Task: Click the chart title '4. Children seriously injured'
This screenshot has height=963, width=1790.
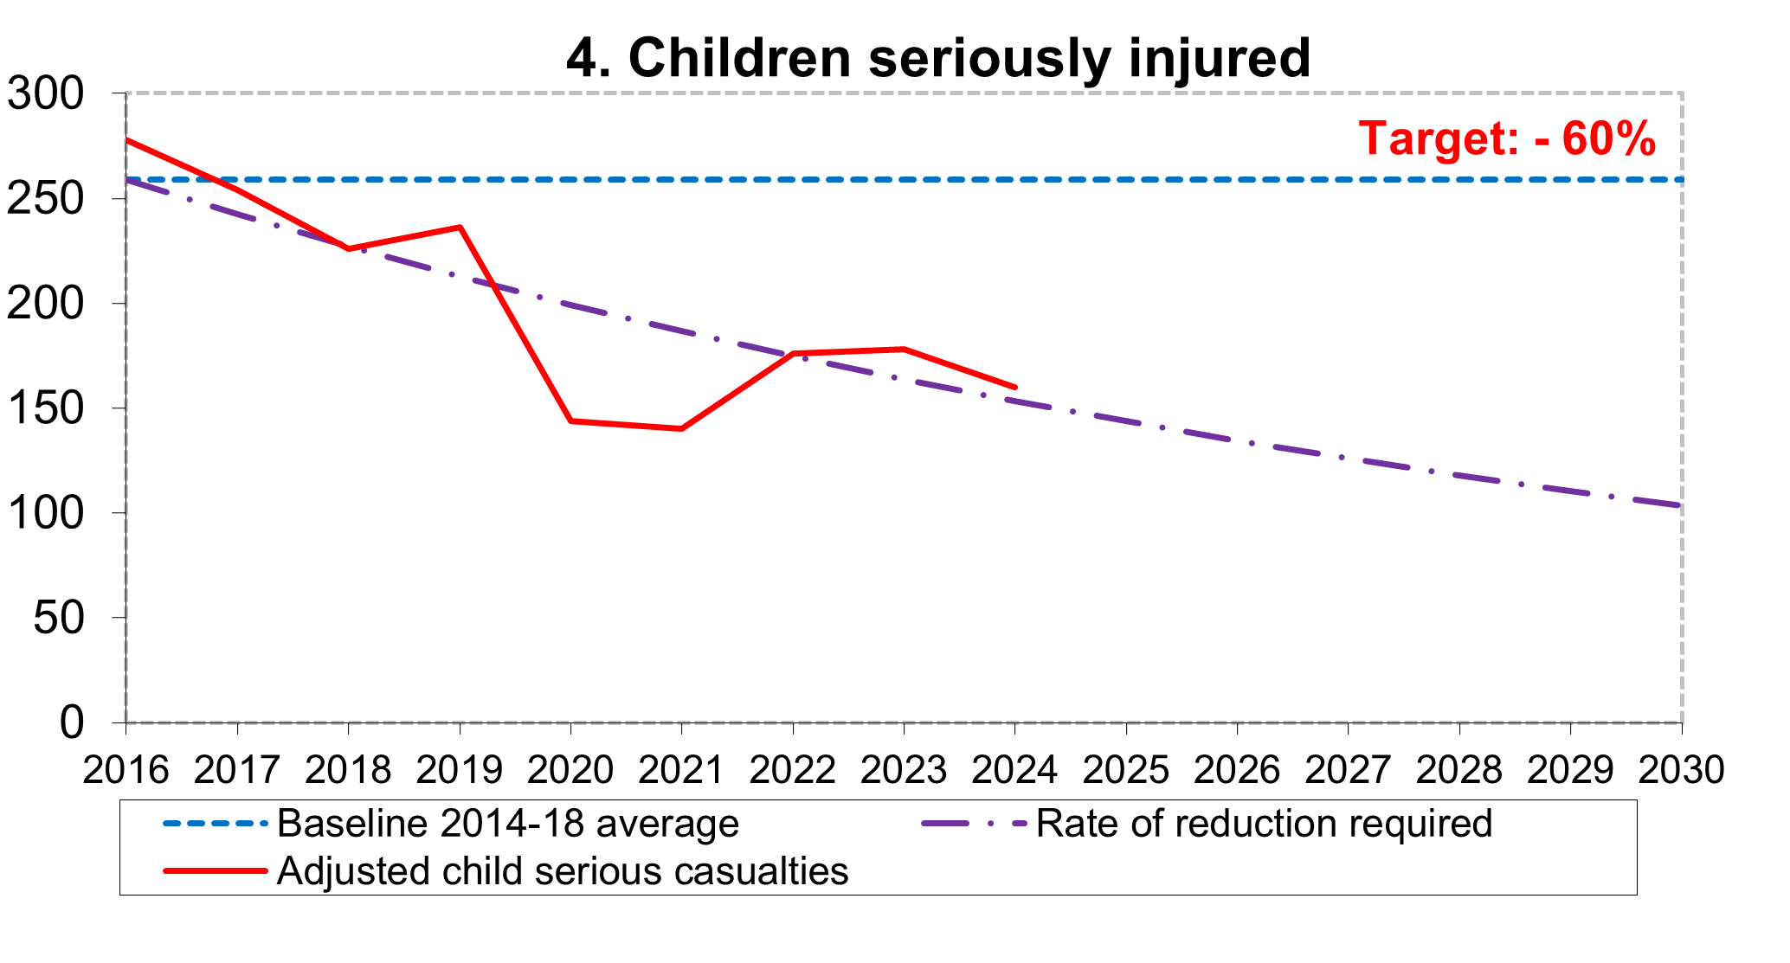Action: tap(938, 58)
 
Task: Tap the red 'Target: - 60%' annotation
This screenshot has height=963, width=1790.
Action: tap(1507, 138)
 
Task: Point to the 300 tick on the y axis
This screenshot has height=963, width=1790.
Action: tap(58, 93)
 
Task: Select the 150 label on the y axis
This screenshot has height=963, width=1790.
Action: tap(58, 408)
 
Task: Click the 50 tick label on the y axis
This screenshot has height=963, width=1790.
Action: tap(71, 618)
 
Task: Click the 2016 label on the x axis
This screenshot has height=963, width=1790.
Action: tap(126, 768)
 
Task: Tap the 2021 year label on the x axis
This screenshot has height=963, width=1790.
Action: tap(681, 768)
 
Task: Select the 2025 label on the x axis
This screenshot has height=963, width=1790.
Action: tap(1126, 768)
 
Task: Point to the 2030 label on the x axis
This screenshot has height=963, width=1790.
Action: tap(1681, 768)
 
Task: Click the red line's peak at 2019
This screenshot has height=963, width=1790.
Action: tap(460, 228)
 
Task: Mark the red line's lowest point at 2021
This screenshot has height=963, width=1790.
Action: tap(681, 428)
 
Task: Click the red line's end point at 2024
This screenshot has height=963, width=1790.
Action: tap(1014, 387)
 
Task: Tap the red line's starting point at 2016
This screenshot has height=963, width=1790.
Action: tap(127, 139)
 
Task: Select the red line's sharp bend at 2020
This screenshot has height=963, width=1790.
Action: tap(570, 421)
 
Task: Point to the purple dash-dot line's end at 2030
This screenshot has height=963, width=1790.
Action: tap(1679, 505)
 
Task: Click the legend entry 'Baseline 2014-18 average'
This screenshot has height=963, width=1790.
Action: tap(507, 824)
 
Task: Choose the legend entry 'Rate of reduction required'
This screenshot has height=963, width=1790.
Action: tap(1264, 824)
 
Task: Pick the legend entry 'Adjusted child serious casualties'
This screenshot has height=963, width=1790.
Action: tap(563, 870)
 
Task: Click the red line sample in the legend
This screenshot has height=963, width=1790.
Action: tap(215, 870)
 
